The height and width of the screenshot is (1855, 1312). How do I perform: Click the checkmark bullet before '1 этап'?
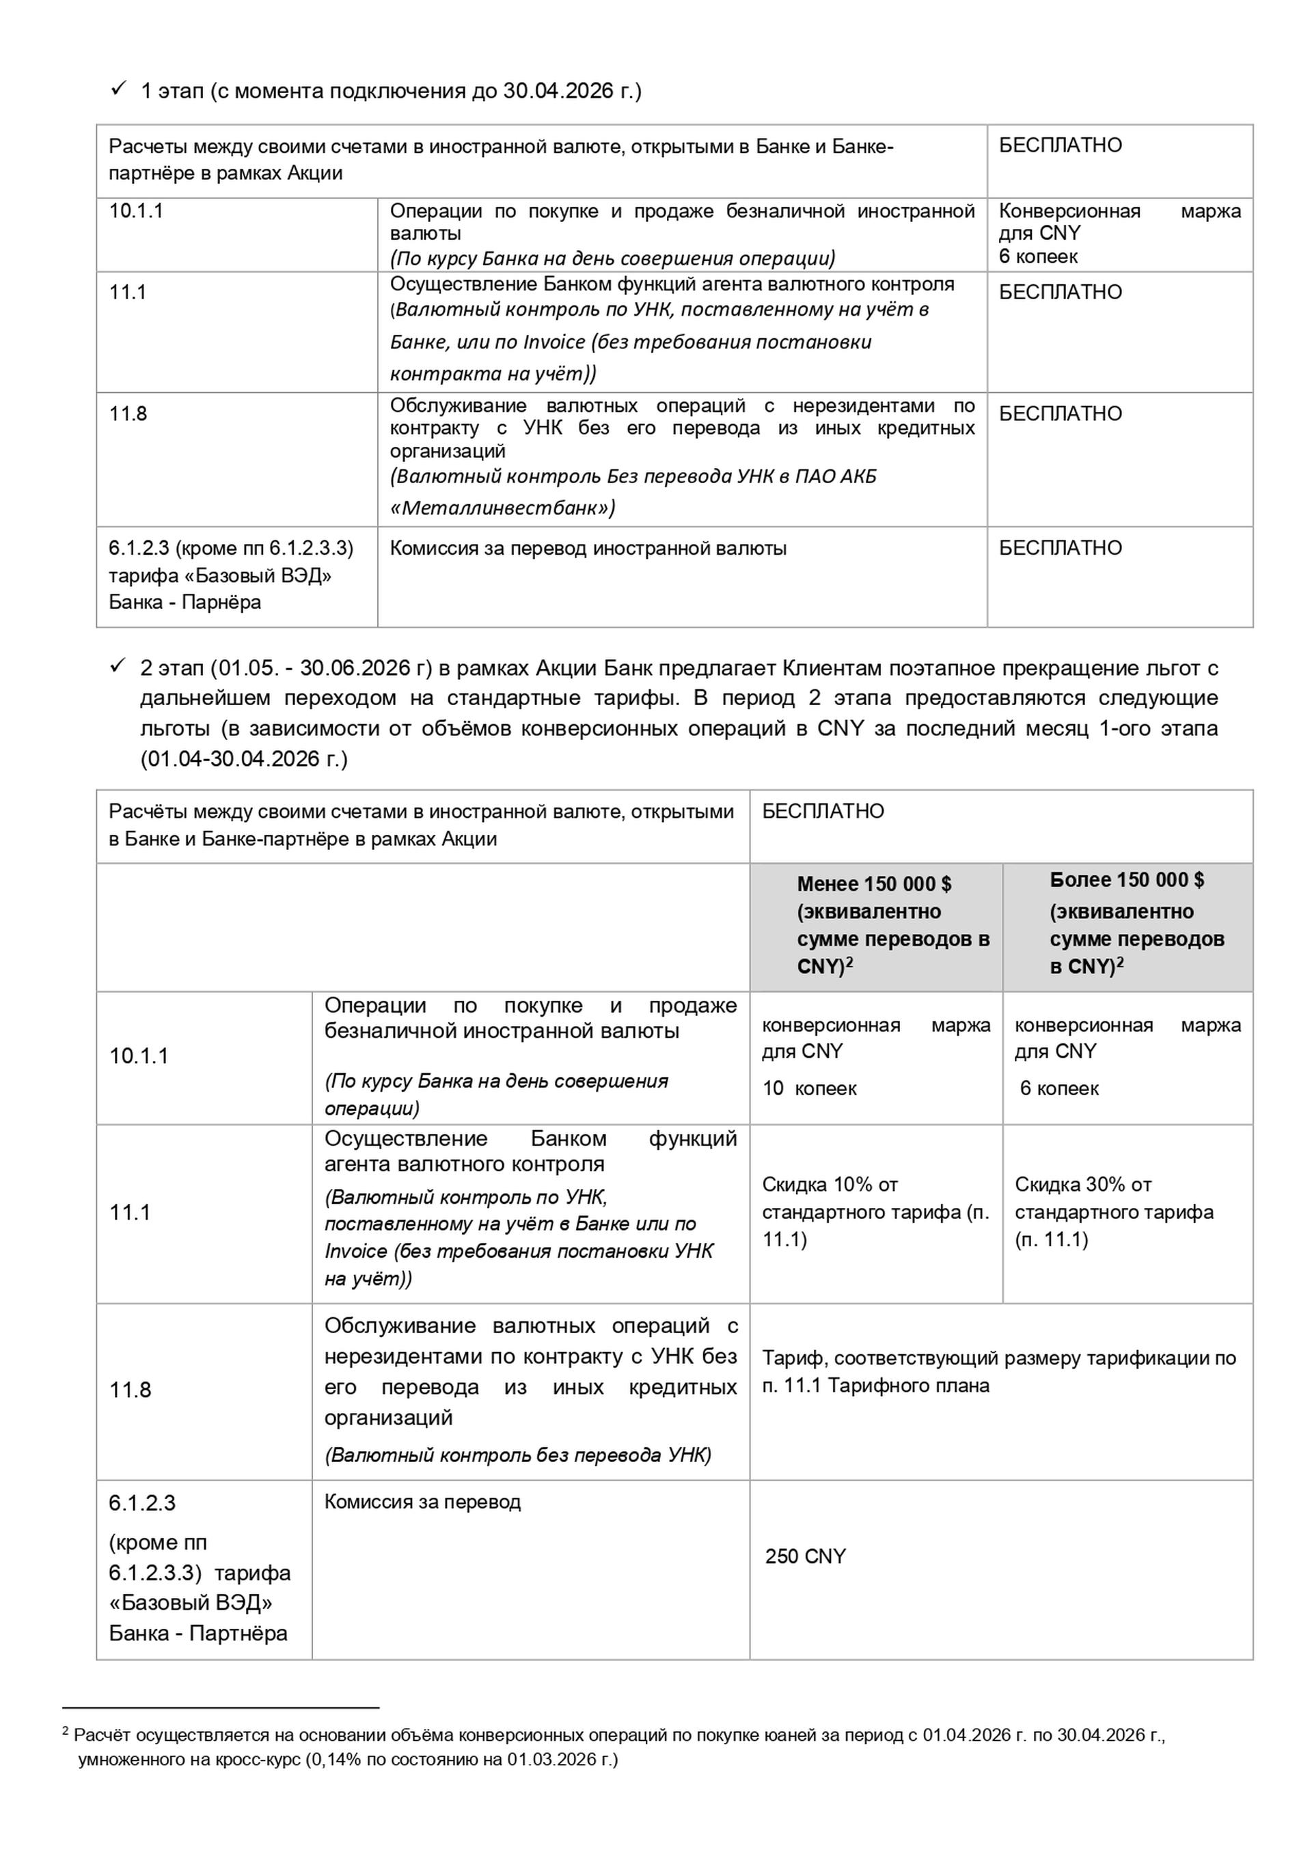[x=117, y=88]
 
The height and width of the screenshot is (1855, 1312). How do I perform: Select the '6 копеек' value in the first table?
[x=1038, y=256]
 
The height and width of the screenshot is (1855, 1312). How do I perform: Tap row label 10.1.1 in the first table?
[x=136, y=211]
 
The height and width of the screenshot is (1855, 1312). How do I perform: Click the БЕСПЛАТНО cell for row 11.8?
[x=1060, y=413]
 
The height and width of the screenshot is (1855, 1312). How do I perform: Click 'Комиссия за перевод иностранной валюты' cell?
[x=588, y=549]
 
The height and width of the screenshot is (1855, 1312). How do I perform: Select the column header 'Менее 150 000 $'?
[x=874, y=884]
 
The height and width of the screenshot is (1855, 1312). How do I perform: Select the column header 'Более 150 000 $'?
[x=1126, y=880]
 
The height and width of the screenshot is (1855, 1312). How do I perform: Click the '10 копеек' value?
[x=808, y=1088]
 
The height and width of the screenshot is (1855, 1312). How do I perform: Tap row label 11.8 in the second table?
[x=130, y=1390]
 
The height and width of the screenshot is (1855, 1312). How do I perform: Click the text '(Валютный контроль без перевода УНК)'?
[x=518, y=1455]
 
